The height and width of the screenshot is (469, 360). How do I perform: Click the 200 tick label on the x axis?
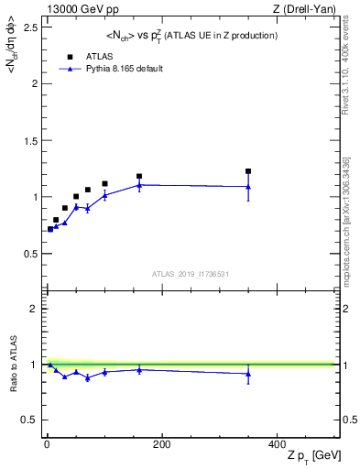pyautogui.click(x=161, y=444)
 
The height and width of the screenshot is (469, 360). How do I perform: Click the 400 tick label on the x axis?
pyautogui.click(x=277, y=444)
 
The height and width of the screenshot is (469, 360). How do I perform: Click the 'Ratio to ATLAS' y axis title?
pyautogui.click(x=12, y=365)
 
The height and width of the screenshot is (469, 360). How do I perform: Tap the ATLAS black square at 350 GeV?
pyautogui.click(x=248, y=171)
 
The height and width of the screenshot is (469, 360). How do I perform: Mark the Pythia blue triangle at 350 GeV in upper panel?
pyautogui.click(x=248, y=187)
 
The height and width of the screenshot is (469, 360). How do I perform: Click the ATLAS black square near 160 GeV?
pyautogui.click(x=139, y=176)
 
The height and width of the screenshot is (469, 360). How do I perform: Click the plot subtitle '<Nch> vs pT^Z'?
pyautogui.click(x=191, y=35)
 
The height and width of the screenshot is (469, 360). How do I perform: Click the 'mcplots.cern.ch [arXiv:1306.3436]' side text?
pyautogui.click(x=351, y=211)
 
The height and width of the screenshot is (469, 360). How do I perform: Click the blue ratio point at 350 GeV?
pyautogui.click(x=248, y=373)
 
